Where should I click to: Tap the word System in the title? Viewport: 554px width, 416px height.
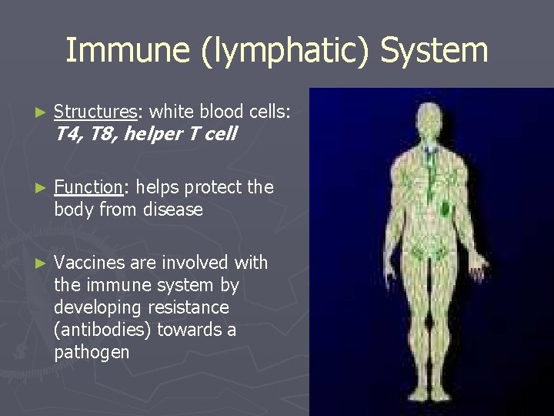434,52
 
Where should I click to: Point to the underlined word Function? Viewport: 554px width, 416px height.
88,187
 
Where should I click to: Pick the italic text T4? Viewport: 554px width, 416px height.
68,134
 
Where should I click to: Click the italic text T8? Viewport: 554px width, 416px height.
101,134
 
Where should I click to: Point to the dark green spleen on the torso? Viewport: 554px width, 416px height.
446,207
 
